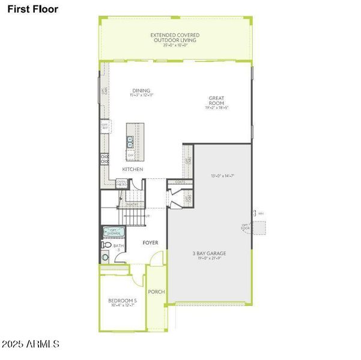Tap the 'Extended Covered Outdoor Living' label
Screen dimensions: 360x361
175,39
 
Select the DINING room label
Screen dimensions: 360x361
141,92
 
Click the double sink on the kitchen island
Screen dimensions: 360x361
130,142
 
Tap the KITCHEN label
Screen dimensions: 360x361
132,170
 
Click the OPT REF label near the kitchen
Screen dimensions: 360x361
105,127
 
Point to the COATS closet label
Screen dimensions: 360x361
180,182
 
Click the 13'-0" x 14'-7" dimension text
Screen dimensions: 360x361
222,176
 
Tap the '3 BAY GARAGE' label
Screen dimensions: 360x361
210,253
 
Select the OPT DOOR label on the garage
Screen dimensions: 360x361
244,226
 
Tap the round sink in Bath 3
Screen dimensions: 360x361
106,257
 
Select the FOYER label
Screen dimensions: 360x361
150,243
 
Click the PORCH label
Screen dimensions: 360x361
156,292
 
